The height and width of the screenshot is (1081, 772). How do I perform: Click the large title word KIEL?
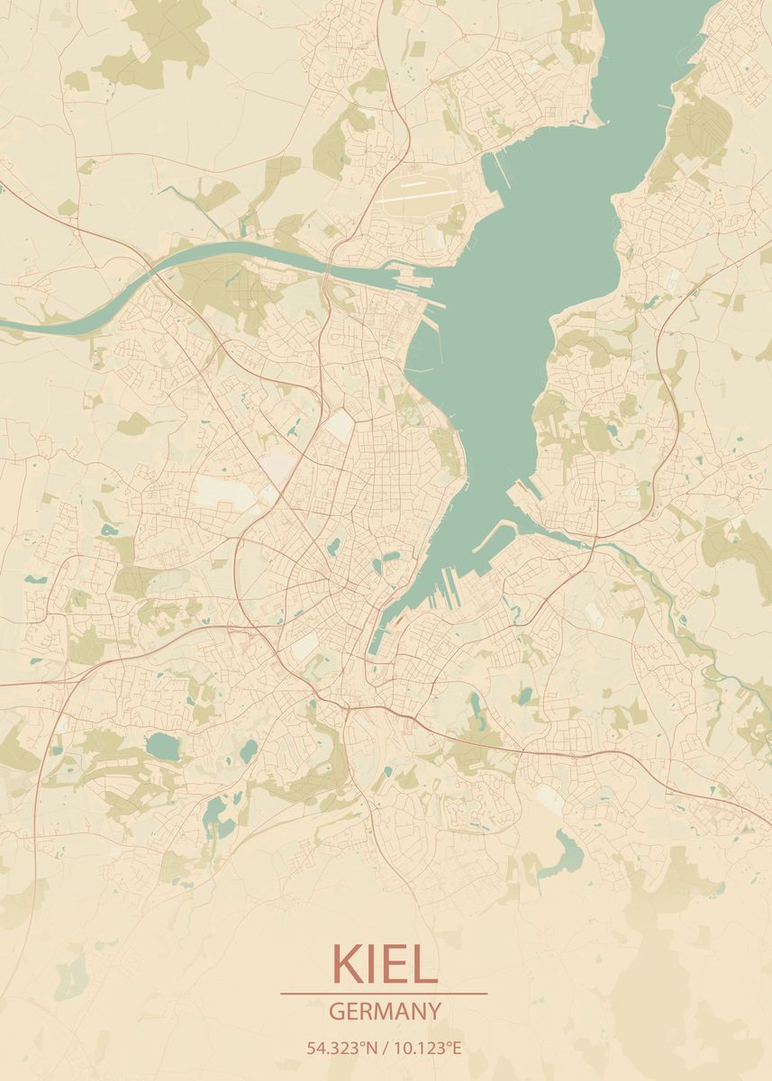[x=385, y=963]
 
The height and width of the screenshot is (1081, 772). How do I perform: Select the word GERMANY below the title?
[x=385, y=1011]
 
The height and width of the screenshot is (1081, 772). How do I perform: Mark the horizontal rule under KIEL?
[x=385, y=994]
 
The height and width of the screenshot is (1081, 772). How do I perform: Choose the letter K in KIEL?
[x=347, y=963]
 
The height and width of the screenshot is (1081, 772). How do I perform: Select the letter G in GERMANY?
[x=336, y=1011]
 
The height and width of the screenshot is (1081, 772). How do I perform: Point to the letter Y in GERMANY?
[x=435, y=1011]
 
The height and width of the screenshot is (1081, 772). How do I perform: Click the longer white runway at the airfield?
[x=415, y=195]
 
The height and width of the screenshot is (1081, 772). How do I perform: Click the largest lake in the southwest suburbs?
[x=163, y=745]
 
